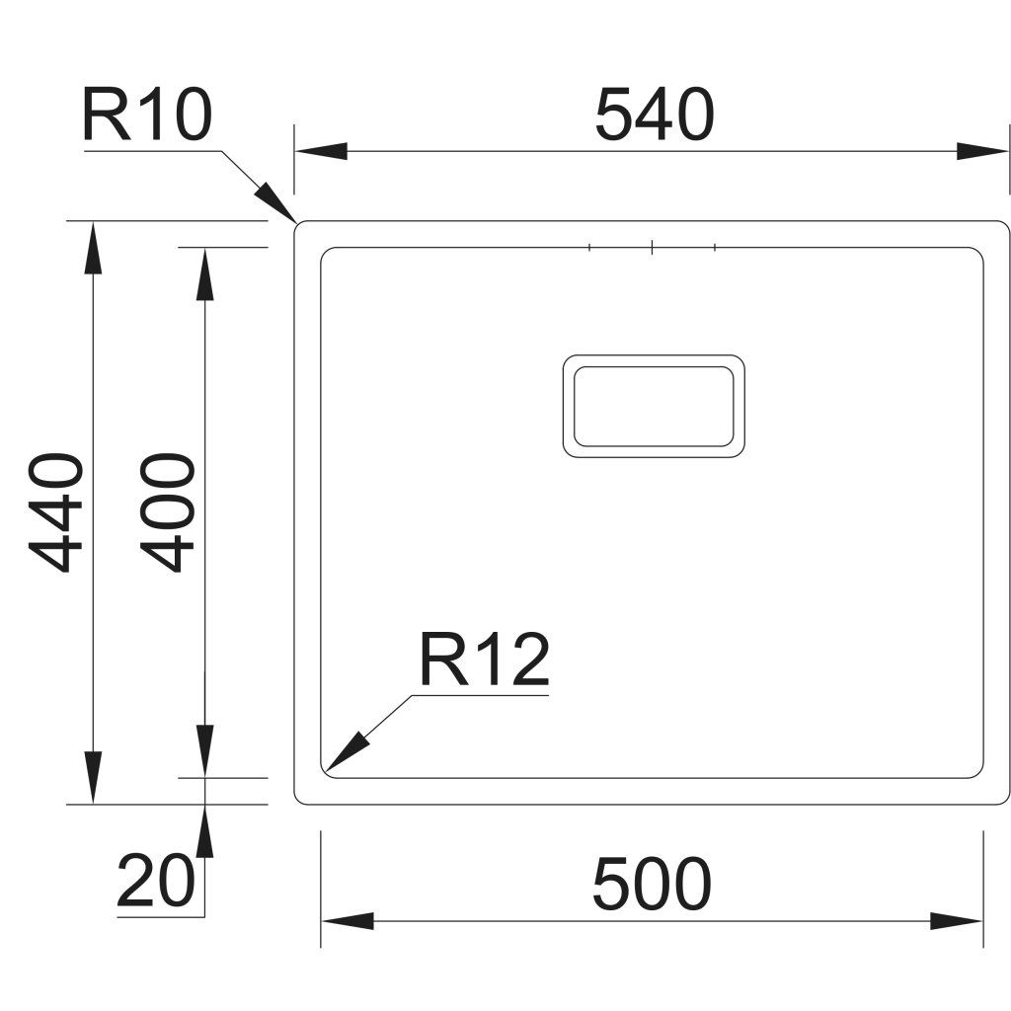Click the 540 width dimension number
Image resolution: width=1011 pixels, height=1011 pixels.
pyautogui.click(x=654, y=115)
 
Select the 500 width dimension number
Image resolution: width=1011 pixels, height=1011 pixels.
pyautogui.click(x=652, y=884)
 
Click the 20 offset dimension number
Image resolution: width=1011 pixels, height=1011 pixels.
pyautogui.click(x=155, y=881)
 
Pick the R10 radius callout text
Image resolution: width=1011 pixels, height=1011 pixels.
pyautogui.click(x=146, y=117)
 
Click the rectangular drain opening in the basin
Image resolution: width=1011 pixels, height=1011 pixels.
pyautogui.click(x=654, y=406)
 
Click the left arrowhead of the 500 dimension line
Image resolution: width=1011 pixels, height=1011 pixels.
pyautogui.click(x=347, y=922)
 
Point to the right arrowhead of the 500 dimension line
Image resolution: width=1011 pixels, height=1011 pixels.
pyautogui.click(x=958, y=922)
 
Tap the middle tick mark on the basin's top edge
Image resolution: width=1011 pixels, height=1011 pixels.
pyautogui.click(x=653, y=247)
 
